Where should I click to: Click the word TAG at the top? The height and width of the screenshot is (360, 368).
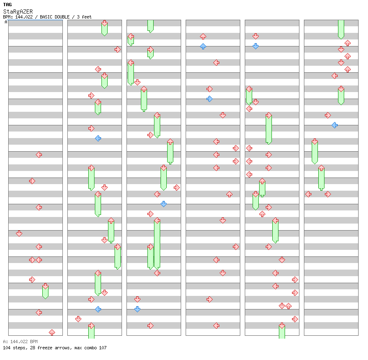pos(7,5)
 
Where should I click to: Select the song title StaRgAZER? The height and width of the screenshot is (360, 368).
pos(18,11)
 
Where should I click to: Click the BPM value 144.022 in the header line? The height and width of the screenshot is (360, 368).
pos(26,17)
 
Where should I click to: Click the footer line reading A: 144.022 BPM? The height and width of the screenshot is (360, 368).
pos(20,342)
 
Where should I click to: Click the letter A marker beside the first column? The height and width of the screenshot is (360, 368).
pos(6,22)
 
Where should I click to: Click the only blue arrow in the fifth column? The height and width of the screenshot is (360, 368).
pos(255,46)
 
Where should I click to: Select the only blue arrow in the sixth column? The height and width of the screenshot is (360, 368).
pos(334,125)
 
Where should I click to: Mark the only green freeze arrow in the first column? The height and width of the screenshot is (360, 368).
pos(45,291)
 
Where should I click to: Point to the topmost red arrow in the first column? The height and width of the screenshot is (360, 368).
pos(39,155)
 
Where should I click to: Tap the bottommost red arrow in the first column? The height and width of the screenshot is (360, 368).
pos(52,332)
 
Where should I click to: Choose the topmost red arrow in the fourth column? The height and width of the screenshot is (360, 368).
pos(203,37)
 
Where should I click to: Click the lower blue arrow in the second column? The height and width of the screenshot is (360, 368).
pos(98,309)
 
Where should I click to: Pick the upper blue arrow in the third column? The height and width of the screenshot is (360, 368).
pos(163,204)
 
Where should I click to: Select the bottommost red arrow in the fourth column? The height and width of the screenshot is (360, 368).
pos(216,325)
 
